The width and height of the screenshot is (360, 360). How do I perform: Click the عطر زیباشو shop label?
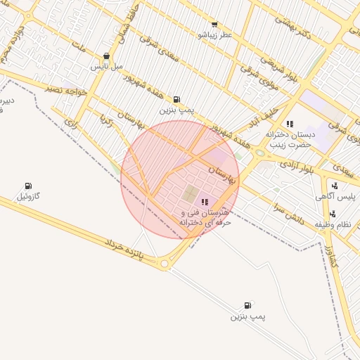[x=214, y=34]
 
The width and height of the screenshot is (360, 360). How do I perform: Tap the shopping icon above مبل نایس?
[x=106, y=56]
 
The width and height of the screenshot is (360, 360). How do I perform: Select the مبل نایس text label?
[x=106, y=66]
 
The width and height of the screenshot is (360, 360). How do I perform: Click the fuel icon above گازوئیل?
[x=28, y=186]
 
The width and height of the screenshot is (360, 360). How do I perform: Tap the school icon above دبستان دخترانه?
[x=290, y=124]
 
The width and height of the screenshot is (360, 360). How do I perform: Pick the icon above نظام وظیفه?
[x=333, y=214]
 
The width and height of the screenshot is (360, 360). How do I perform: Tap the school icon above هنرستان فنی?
[x=205, y=202]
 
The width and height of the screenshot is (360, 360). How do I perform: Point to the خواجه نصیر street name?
[x=66, y=89]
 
